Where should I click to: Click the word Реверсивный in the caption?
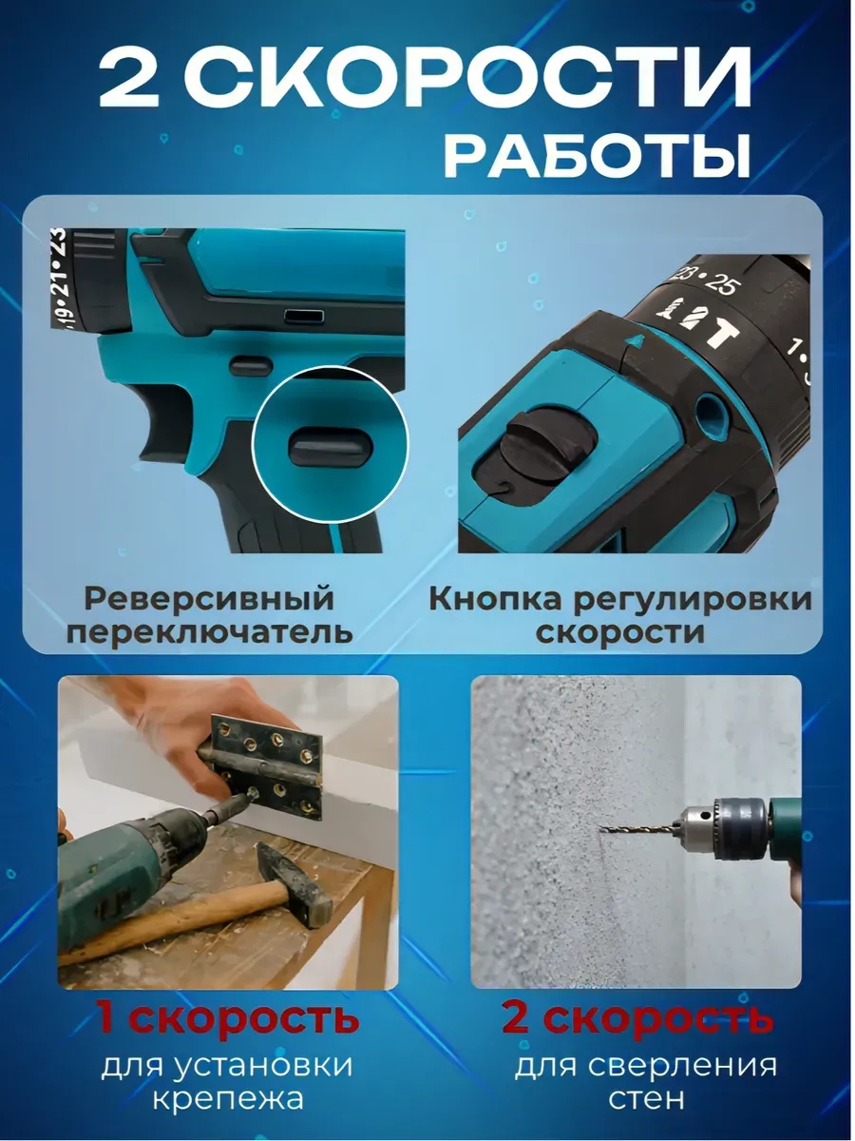(209, 599)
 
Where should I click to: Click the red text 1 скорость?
(227, 1018)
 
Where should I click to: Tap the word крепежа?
(228, 1098)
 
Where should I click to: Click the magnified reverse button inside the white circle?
(331, 447)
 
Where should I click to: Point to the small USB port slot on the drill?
(304, 316)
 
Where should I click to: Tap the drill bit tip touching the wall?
(602, 828)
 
